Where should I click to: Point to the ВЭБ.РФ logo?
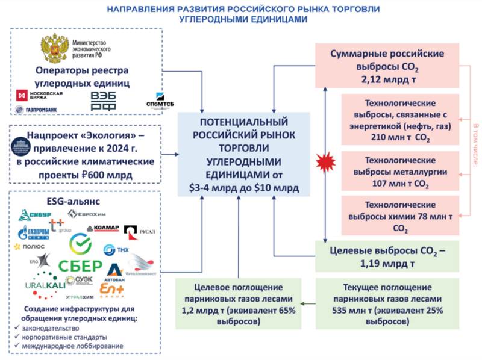tap(104, 101)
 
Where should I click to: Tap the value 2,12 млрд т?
tap(387, 79)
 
